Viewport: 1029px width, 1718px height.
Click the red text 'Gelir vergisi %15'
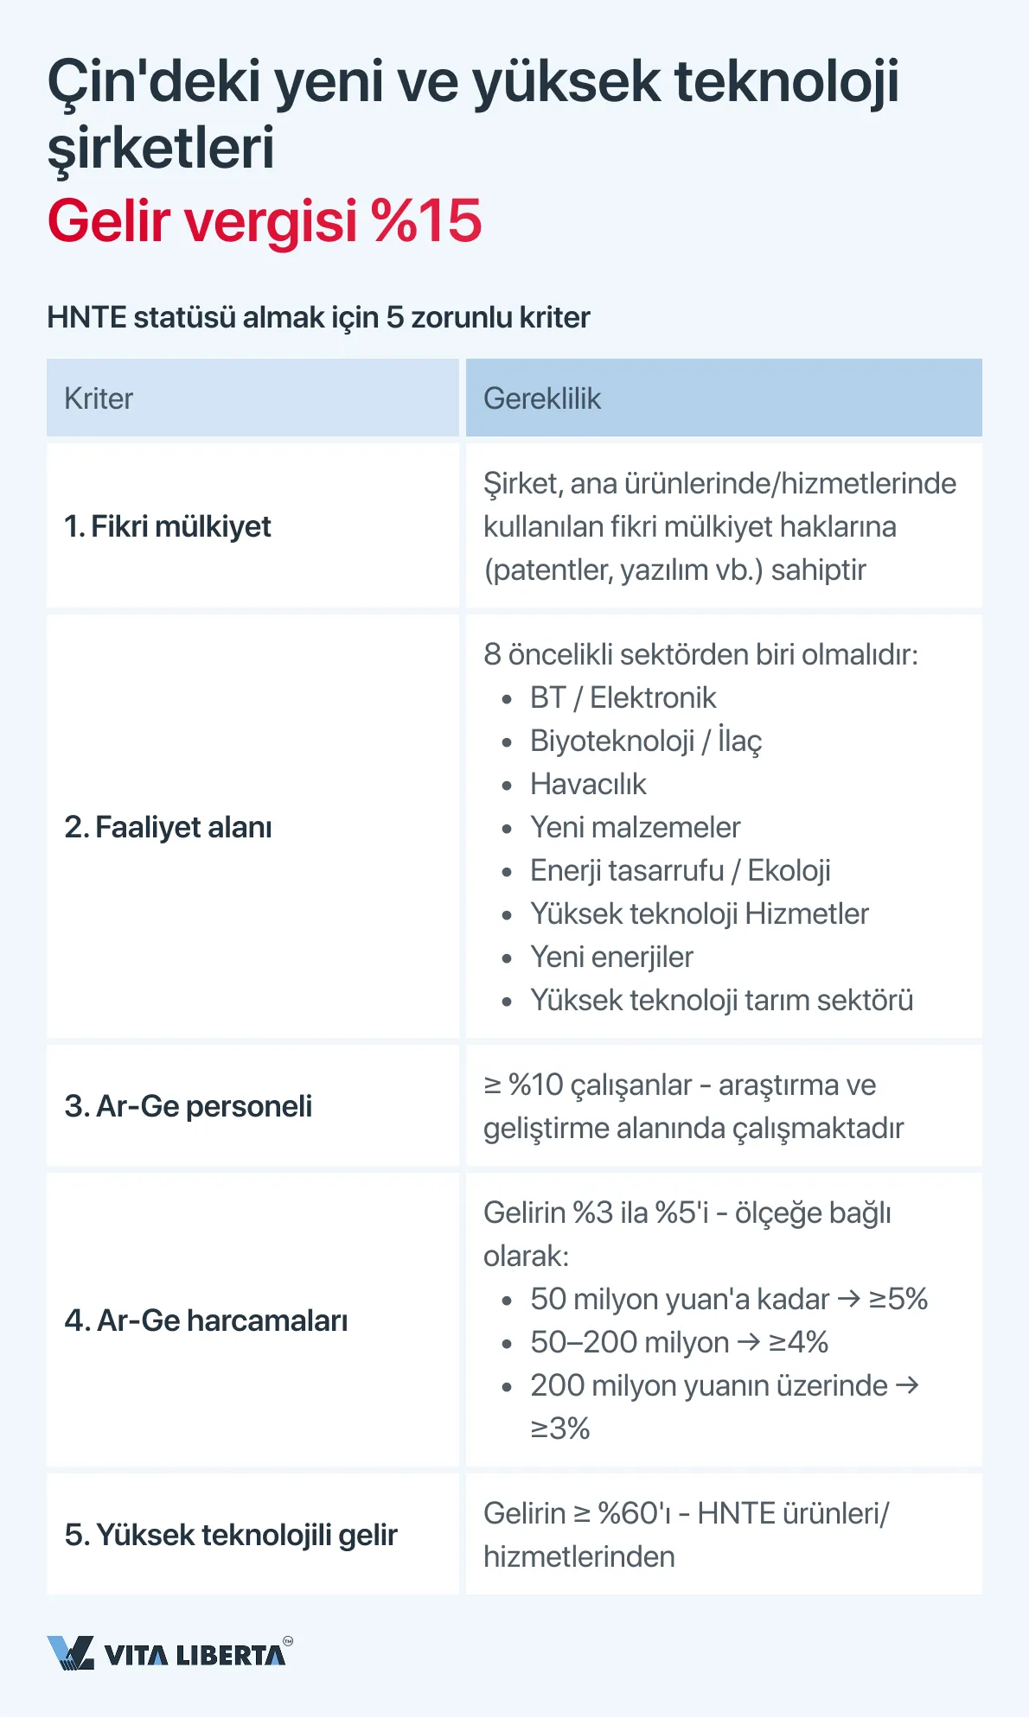tap(264, 221)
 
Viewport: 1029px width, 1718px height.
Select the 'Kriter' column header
tap(99, 398)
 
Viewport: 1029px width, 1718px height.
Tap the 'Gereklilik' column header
tap(542, 398)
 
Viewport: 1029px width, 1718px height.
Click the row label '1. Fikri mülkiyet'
tap(168, 526)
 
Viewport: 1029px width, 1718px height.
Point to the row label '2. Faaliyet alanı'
tap(168, 827)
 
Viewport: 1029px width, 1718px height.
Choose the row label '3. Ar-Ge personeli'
tap(188, 1106)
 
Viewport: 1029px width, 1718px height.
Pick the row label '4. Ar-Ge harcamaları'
tap(206, 1320)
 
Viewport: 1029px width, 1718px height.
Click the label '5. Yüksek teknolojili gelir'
tap(231, 1535)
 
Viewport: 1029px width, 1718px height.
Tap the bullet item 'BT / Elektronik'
tap(623, 697)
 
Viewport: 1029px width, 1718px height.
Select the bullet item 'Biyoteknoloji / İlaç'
tap(645, 741)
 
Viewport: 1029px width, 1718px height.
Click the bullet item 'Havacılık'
tap(588, 784)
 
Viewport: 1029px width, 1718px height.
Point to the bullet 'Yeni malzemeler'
tap(635, 827)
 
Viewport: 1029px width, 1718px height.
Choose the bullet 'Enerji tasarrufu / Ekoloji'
tap(680, 870)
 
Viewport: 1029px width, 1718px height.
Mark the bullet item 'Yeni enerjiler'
tap(611, 957)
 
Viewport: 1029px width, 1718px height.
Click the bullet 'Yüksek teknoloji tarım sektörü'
tap(721, 1000)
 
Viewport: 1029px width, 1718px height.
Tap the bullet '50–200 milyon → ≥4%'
tap(679, 1342)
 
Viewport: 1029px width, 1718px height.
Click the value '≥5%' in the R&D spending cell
tap(898, 1299)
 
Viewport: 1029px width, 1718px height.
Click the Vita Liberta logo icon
tap(70, 1653)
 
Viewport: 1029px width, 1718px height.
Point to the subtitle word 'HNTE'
tap(86, 318)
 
